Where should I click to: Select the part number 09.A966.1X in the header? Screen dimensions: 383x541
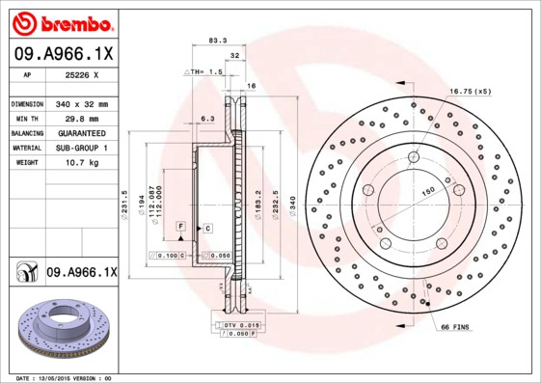coord(63,56)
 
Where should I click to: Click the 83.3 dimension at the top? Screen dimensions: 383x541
coord(218,41)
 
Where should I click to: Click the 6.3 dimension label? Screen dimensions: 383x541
coord(206,118)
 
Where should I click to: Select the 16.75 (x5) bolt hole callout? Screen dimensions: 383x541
coord(470,91)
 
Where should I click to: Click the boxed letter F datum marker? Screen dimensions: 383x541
coord(180,226)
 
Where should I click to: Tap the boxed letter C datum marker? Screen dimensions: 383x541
coord(207,227)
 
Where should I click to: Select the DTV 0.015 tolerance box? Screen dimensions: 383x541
coord(241,326)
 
